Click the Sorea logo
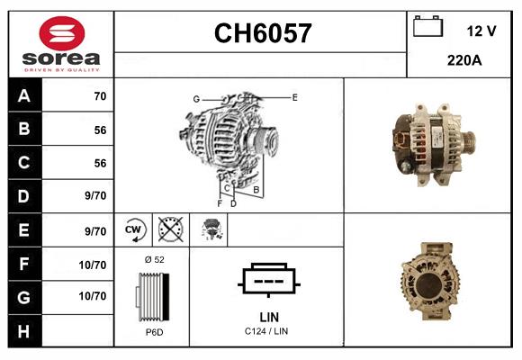59,44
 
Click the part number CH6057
262,33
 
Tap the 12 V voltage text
481,31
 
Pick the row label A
23,96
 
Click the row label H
23,330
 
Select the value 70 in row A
100,96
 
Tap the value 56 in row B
100,130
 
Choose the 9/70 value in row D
95,196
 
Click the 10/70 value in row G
94,296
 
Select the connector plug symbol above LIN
268,280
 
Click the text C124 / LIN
268,332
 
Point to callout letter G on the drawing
195,98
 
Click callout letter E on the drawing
294,96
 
